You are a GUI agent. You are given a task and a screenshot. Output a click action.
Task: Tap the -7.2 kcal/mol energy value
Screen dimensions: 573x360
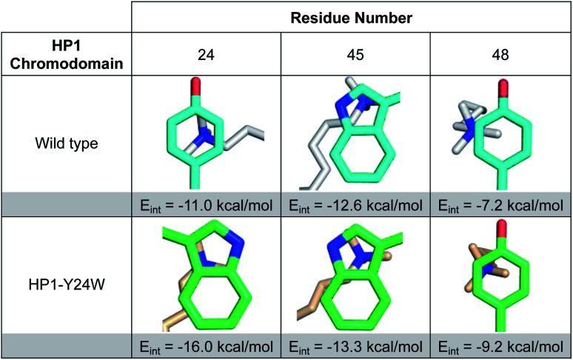coord(500,204)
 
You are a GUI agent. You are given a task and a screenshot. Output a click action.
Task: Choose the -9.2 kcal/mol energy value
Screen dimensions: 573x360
coord(500,346)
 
